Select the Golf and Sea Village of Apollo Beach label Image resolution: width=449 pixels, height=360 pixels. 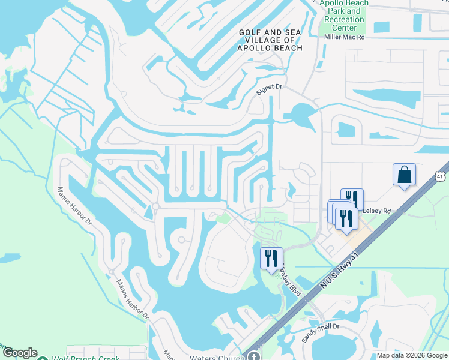point(270,40)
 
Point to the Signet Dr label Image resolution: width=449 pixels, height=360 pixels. point(269,88)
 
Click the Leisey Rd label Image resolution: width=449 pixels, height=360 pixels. point(376,211)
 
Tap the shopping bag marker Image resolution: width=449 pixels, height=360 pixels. point(405,175)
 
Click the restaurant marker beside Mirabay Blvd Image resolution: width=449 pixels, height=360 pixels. point(271,258)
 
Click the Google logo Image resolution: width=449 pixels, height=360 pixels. point(19,353)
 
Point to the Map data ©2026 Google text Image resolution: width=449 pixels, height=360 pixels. point(411,356)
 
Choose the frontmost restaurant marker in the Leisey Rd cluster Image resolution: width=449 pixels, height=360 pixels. point(346,218)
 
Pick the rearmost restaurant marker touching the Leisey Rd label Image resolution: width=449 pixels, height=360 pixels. point(352,198)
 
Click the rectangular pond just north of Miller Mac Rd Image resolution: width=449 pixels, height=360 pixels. point(382,27)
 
